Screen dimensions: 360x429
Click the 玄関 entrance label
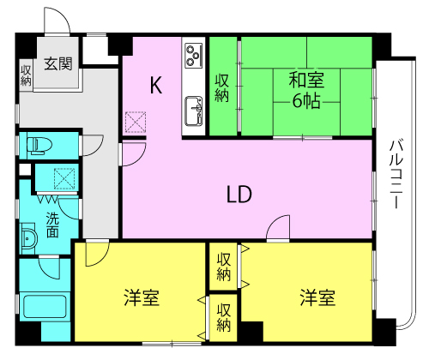58,63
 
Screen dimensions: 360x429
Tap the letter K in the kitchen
155,85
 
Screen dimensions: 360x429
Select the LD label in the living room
239,195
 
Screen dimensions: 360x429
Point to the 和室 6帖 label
307,90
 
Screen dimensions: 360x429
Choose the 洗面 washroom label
52,224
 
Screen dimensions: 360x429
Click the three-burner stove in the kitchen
193,56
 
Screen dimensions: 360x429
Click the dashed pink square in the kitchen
136,123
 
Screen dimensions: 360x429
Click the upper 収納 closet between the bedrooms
223,267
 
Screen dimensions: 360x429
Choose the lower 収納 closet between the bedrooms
223,317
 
